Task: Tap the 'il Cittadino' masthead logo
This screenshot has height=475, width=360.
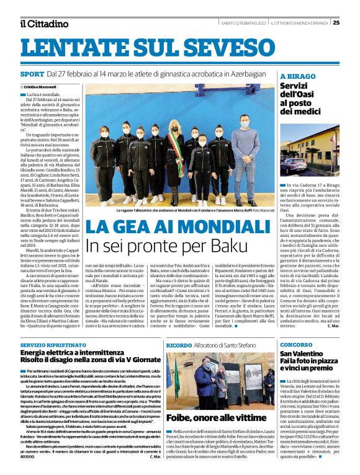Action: pyautogui.click(x=43, y=24)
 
